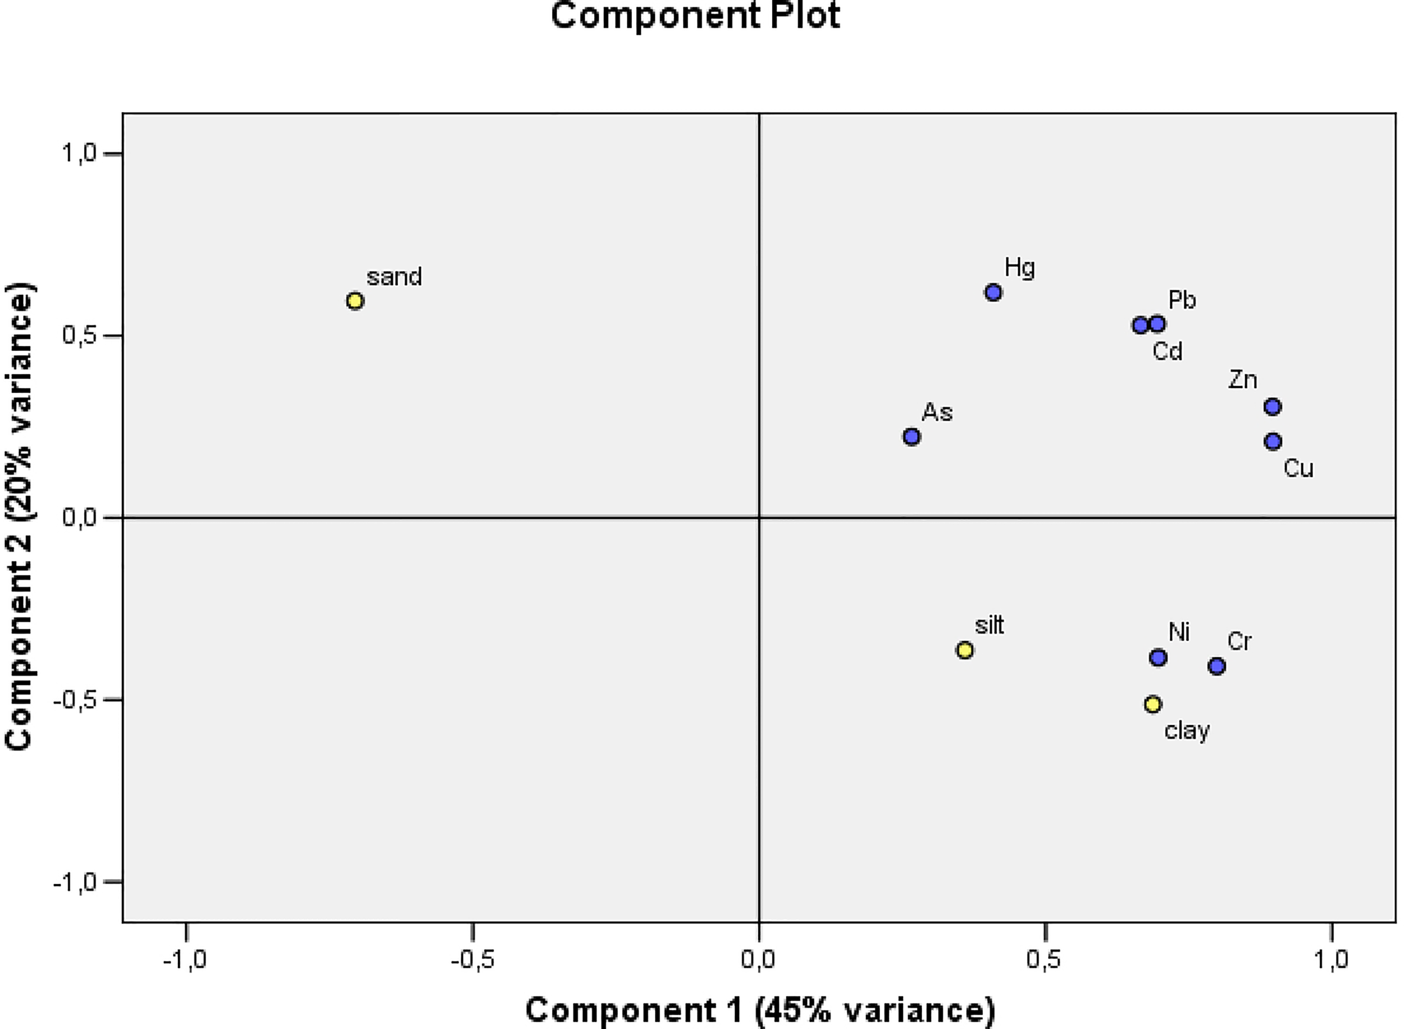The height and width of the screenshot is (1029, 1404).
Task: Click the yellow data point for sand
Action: pyautogui.click(x=354, y=301)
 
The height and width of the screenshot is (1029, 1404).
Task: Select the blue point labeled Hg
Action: pyautogui.click(x=993, y=292)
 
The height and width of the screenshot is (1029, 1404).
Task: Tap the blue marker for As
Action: pyautogui.click(x=911, y=437)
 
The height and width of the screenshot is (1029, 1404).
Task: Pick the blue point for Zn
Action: pyautogui.click(x=1273, y=407)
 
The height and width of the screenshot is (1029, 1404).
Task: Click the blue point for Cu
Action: pyautogui.click(x=1273, y=442)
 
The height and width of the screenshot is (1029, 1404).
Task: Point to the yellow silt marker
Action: pyautogui.click(x=965, y=650)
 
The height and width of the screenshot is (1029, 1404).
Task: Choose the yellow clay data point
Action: pyautogui.click(x=1153, y=705)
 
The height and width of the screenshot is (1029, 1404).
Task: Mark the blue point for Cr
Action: pyautogui.click(x=1217, y=666)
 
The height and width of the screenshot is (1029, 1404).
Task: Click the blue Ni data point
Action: pyautogui.click(x=1159, y=658)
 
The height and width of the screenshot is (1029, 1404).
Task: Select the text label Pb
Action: pyautogui.click(x=1182, y=300)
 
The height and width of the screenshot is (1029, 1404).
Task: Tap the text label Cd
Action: pyautogui.click(x=1167, y=352)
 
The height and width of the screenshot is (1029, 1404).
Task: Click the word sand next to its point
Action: pyautogui.click(x=394, y=277)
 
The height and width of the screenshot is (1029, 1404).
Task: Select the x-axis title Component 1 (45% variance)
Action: pyautogui.click(x=760, y=1010)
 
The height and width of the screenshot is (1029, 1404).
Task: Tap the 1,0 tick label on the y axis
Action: pyautogui.click(x=80, y=153)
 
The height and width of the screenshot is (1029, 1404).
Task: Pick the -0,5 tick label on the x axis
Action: pyautogui.click(x=472, y=960)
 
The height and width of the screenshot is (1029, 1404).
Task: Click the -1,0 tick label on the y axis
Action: pyautogui.click(x=75, y=882)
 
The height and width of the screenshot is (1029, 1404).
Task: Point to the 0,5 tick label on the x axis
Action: pyautogui.click(x=1045, y=960)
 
